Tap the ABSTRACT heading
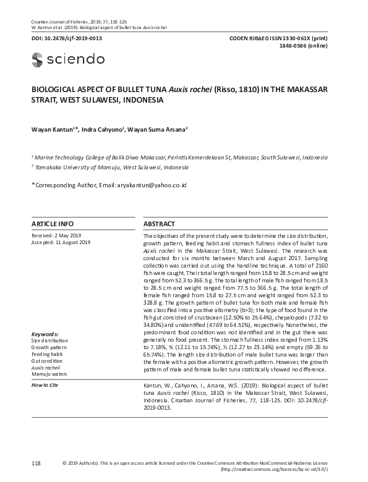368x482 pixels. pos(159,224)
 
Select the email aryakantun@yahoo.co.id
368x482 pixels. pos(152,185)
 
